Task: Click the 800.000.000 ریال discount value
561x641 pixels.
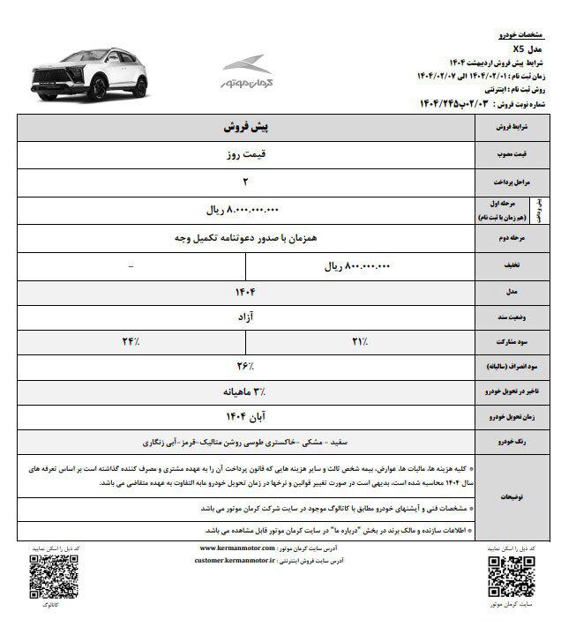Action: tap(357, 265)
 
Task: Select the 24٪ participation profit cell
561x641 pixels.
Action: tap(131, 340)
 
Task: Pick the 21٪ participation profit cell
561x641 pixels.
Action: tap(358, 340)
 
